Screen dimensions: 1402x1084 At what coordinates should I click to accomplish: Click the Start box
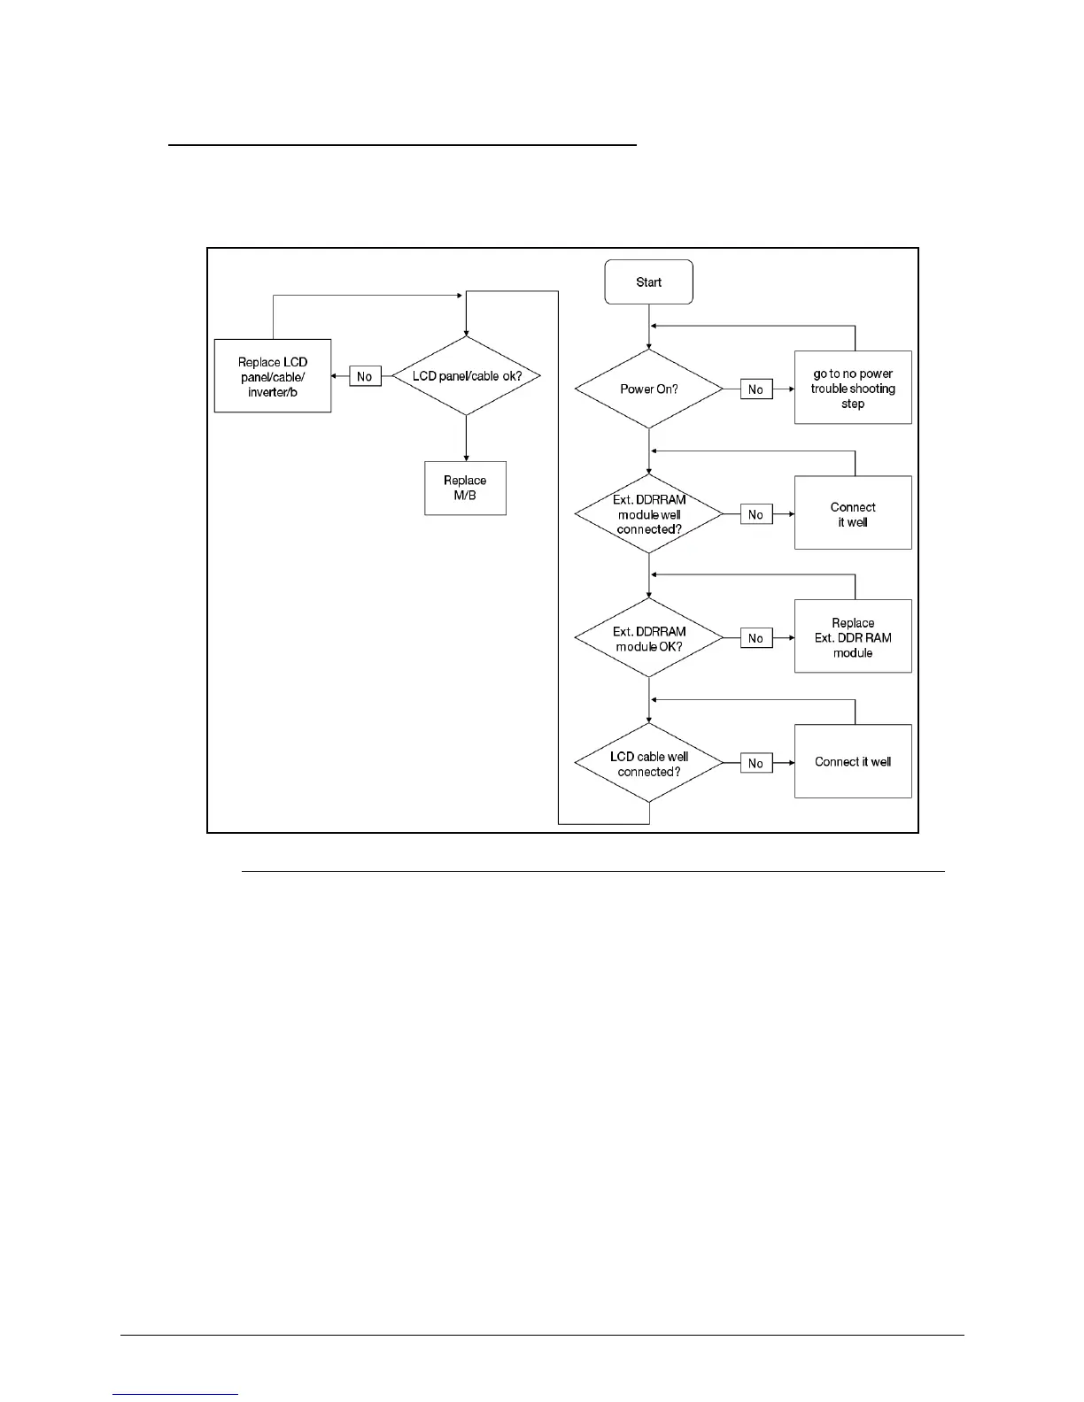click(x=648, y=282)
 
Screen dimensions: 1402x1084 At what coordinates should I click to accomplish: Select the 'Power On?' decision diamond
click(x=648, y=389)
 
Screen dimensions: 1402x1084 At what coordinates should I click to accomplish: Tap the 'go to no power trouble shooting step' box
click(x=852, y=389)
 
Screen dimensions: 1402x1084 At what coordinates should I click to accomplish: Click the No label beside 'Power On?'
click(x=755, y=389)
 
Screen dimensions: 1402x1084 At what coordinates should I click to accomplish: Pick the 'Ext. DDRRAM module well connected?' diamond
click(x=648, y=514)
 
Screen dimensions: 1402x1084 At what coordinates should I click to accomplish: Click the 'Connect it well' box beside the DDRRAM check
click(x=852, y=513)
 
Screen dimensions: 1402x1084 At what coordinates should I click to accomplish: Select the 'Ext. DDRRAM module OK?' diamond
click(x=648, y=638)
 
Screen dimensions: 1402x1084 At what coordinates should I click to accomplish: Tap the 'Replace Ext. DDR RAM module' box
click(x=852, y=637)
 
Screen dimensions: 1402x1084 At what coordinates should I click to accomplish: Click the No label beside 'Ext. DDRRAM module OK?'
click(x=755, y=638)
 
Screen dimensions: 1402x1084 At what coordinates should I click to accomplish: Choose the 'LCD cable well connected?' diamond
click(x=648, y=763)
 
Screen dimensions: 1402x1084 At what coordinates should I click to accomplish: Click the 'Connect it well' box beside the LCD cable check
click(x=852, y=761)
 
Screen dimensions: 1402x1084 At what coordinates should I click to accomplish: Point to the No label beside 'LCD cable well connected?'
click(x=755, y=763)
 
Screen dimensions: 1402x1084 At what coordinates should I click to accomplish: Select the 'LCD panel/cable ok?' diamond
click(x=466, y=376)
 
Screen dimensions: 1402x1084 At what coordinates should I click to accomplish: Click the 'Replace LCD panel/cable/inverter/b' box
click(x=273, y=376)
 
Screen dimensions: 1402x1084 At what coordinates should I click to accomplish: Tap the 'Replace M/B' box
click(x=465, y=488)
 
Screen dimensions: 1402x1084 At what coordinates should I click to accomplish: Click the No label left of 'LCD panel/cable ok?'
click(x=364, y=376)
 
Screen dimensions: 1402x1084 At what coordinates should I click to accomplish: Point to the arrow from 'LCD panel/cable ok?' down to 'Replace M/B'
click(x=466, y=439)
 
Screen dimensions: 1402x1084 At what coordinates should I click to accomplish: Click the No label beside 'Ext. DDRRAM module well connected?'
click(x=755, y=514)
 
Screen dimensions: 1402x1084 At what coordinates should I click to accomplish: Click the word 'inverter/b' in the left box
click(x=273, y=392)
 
